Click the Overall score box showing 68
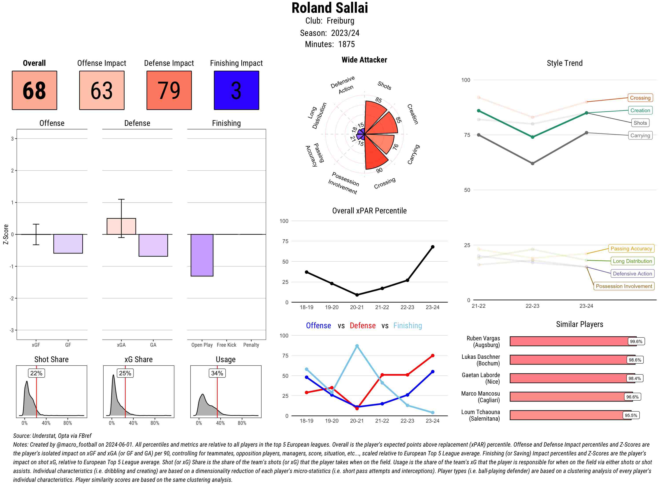pyautogui.click(x=34, y=90)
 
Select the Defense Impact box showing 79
pyautogui.click(x=169, y=90)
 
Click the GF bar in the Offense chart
pyautogui.click(x=68, y=244)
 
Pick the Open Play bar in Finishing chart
pyautogui.click(x=202, y=255)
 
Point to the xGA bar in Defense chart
pyautogui.click(x=121, y=226)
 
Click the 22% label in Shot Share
pyautogui.click(x=36, y=373)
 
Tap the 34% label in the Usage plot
pyautogui.click(x=217, y=373)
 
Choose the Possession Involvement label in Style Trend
pyautogui.click(x=624, y=286)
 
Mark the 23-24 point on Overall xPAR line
pyautogui.click(x=432, y=247)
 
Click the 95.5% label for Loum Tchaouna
pyautogui.click(x=631, y=415)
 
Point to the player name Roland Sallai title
pyautogui.click(x=330, y=8)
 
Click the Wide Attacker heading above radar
pyautogui.click(x=364, y=60)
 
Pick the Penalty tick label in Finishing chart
pyautogui.click(x=251, y=345)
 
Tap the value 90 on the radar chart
pyautogui.click(x=379, y=170)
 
